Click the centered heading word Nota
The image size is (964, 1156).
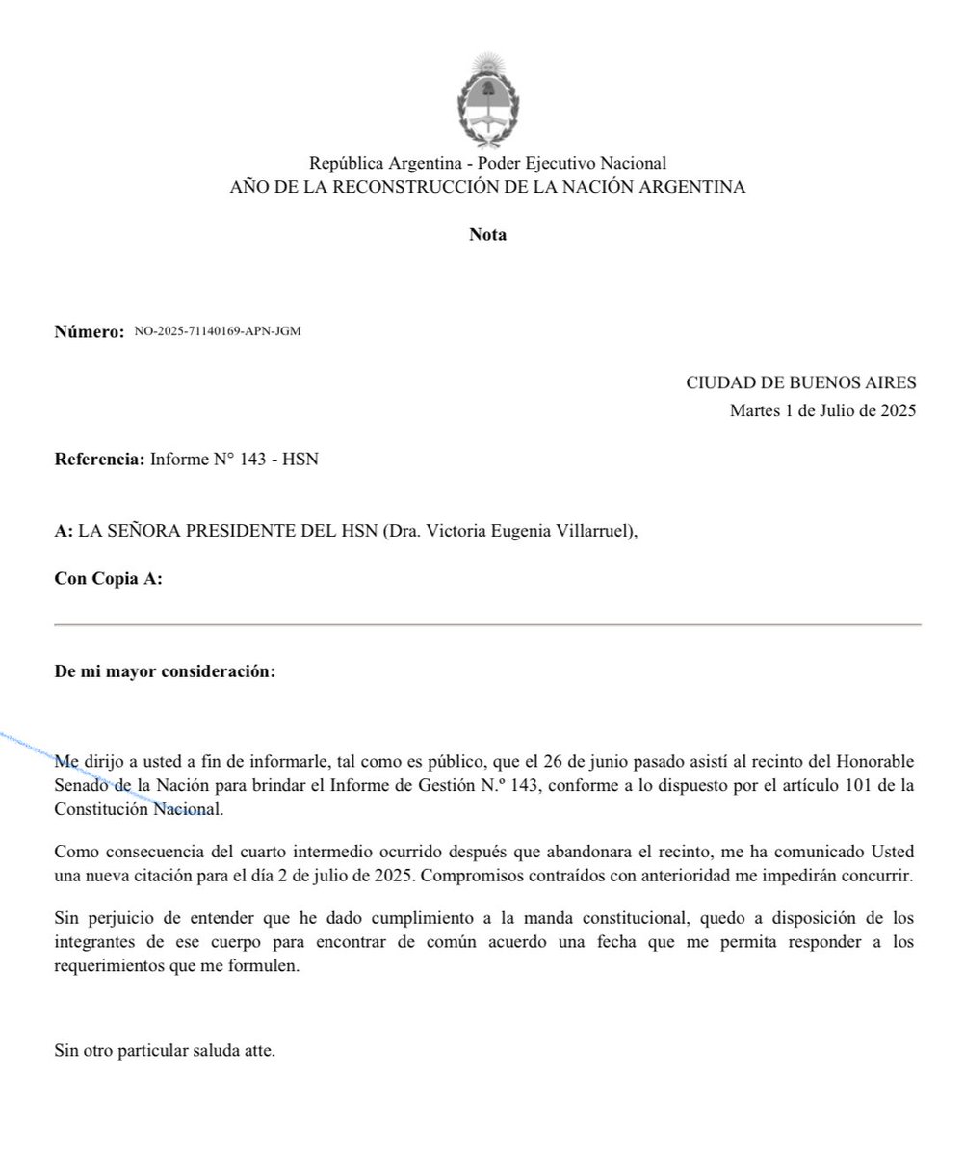pyautogui.click(x=487, y=235)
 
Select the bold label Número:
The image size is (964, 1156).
pyautogui.click(x=90, y=333)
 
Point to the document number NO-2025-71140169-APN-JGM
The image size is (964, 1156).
pyautogui.click(x=218, y=332)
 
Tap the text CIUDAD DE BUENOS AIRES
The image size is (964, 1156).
pyautogui.click(x=801, y=382)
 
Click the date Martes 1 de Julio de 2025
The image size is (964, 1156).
pyautogui.click(x=823, y=411)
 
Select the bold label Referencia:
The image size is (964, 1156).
pyautogui.click(x=99, y=460)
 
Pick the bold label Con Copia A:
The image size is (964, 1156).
pyautogui.click(x=108, y=579)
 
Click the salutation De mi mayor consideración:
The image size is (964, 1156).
pyautogui.click(x=165, y=671)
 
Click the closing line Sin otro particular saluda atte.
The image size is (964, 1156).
pyautogui.click(x=165, y=1051)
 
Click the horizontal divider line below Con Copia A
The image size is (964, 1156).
pyautogui.click(x=487, y=625)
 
